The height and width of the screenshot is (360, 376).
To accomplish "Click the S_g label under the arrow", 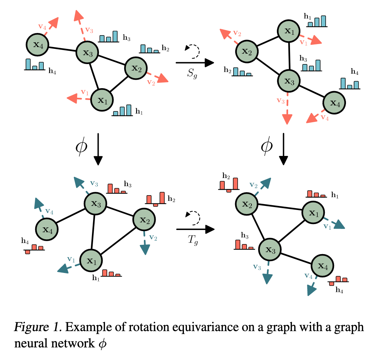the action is click(192, 73).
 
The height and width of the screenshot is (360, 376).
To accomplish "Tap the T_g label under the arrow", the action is click(193, 240).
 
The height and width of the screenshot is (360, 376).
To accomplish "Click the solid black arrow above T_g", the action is click(195, 229).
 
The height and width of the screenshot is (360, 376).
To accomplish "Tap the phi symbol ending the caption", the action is click(103, 344).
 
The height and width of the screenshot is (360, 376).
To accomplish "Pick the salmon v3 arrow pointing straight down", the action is click(287, 109).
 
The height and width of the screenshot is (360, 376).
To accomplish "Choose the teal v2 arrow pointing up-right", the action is click(263, 187).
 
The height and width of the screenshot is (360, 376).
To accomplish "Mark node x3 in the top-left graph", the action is click(87, 53).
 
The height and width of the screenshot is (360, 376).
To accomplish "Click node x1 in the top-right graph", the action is click(289, 31).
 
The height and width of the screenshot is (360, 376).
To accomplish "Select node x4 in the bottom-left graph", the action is click(47, 230).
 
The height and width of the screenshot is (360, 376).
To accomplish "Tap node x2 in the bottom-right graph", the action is click(247, 204).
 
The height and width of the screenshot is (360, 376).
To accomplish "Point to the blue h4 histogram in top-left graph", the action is click(35, 64).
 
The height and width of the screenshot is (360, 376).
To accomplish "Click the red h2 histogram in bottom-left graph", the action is click(156, 199).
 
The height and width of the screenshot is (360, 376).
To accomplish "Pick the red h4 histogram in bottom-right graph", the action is click(338, 280).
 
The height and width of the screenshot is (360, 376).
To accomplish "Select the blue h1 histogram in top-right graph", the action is click(317, 21).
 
